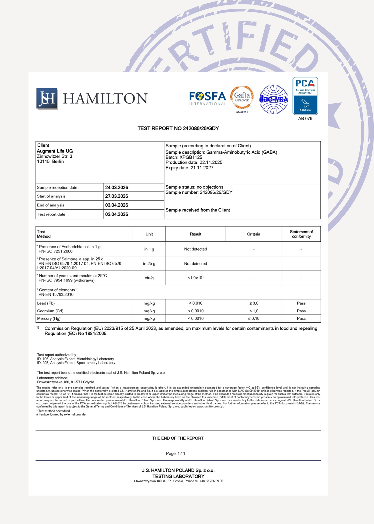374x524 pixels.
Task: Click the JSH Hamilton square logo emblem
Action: [x=47, y=98]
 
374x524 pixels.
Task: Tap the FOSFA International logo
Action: [x=208, y=98]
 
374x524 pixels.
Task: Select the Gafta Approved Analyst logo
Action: [x=242, y=99]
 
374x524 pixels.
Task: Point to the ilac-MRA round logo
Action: [x=274, y=99]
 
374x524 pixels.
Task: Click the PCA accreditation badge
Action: [x=305, y=96]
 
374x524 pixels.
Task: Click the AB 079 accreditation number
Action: [x=305, y=119]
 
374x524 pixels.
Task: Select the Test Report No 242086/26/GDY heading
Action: [x=178, y=128]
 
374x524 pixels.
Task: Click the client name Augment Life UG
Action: [x=55, y=151]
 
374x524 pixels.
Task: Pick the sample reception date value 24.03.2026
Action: [x=116, y=188]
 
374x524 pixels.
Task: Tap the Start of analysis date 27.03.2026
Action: [x=116, y=196]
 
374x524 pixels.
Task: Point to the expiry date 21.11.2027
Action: [x=202, y=168]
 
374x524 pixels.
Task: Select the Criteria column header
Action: [x=253, y=234]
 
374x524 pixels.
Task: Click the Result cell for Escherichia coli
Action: [x=195, y=249]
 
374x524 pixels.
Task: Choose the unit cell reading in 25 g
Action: [x=149, y=264]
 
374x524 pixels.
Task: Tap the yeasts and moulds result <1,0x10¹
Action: [x=195, y=278]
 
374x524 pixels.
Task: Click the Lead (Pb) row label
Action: [x=46, y=303]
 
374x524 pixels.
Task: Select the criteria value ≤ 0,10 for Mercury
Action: [x=253, y=319]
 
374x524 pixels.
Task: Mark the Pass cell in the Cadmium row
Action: [x=301, y=311]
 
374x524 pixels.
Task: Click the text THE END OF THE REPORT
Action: [x=178, y=438]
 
